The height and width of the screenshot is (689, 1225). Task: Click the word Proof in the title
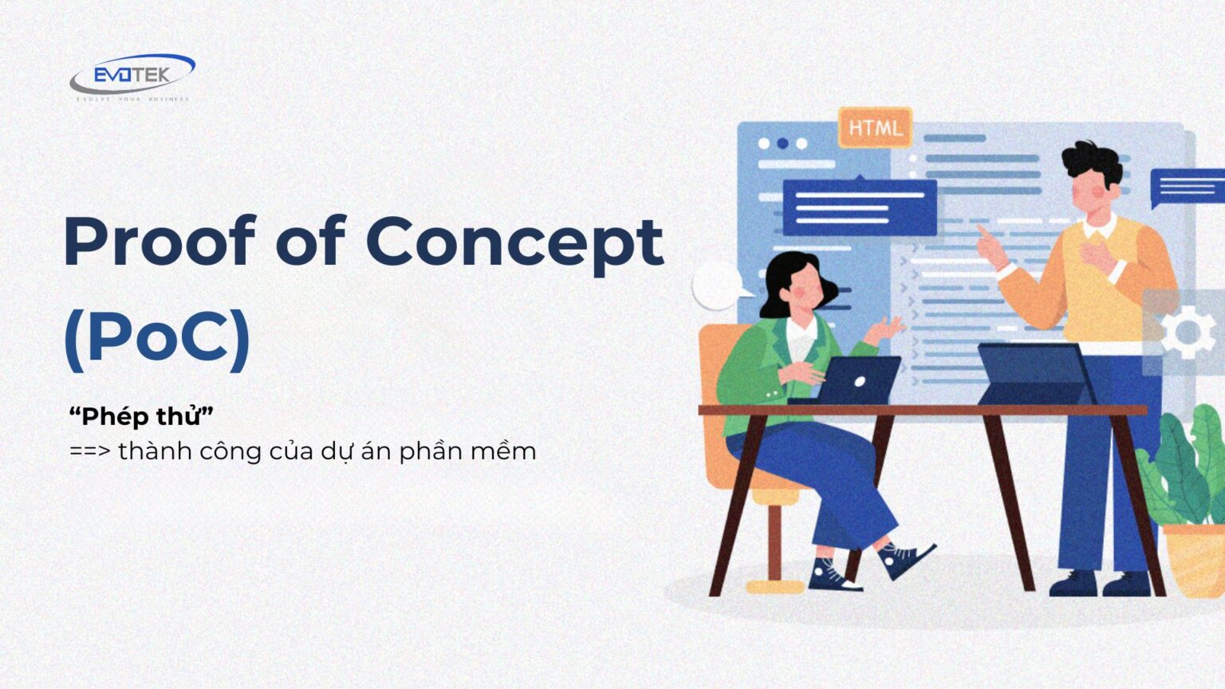pyautogui.click(x=160, y=241)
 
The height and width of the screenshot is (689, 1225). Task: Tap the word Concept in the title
pyautogui.click(x=514, y=241)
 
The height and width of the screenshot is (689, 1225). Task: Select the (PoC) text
pyautogui.click(x=157, y=338)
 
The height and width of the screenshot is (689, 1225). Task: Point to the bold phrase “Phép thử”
pyautogui.click(x=141, y=415)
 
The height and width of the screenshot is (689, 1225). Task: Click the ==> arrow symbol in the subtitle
pyautogui.click(x=89, y=451)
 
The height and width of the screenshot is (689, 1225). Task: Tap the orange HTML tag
pyautogui.click(x=875, y=128)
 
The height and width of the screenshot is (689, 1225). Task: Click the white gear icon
pyautogui.click(x=1188, y=331)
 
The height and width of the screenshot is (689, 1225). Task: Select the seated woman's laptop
pyautogui.click(x=857, y=380)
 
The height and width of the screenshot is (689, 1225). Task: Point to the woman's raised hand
pyautogui.click(x=888, y=327)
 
